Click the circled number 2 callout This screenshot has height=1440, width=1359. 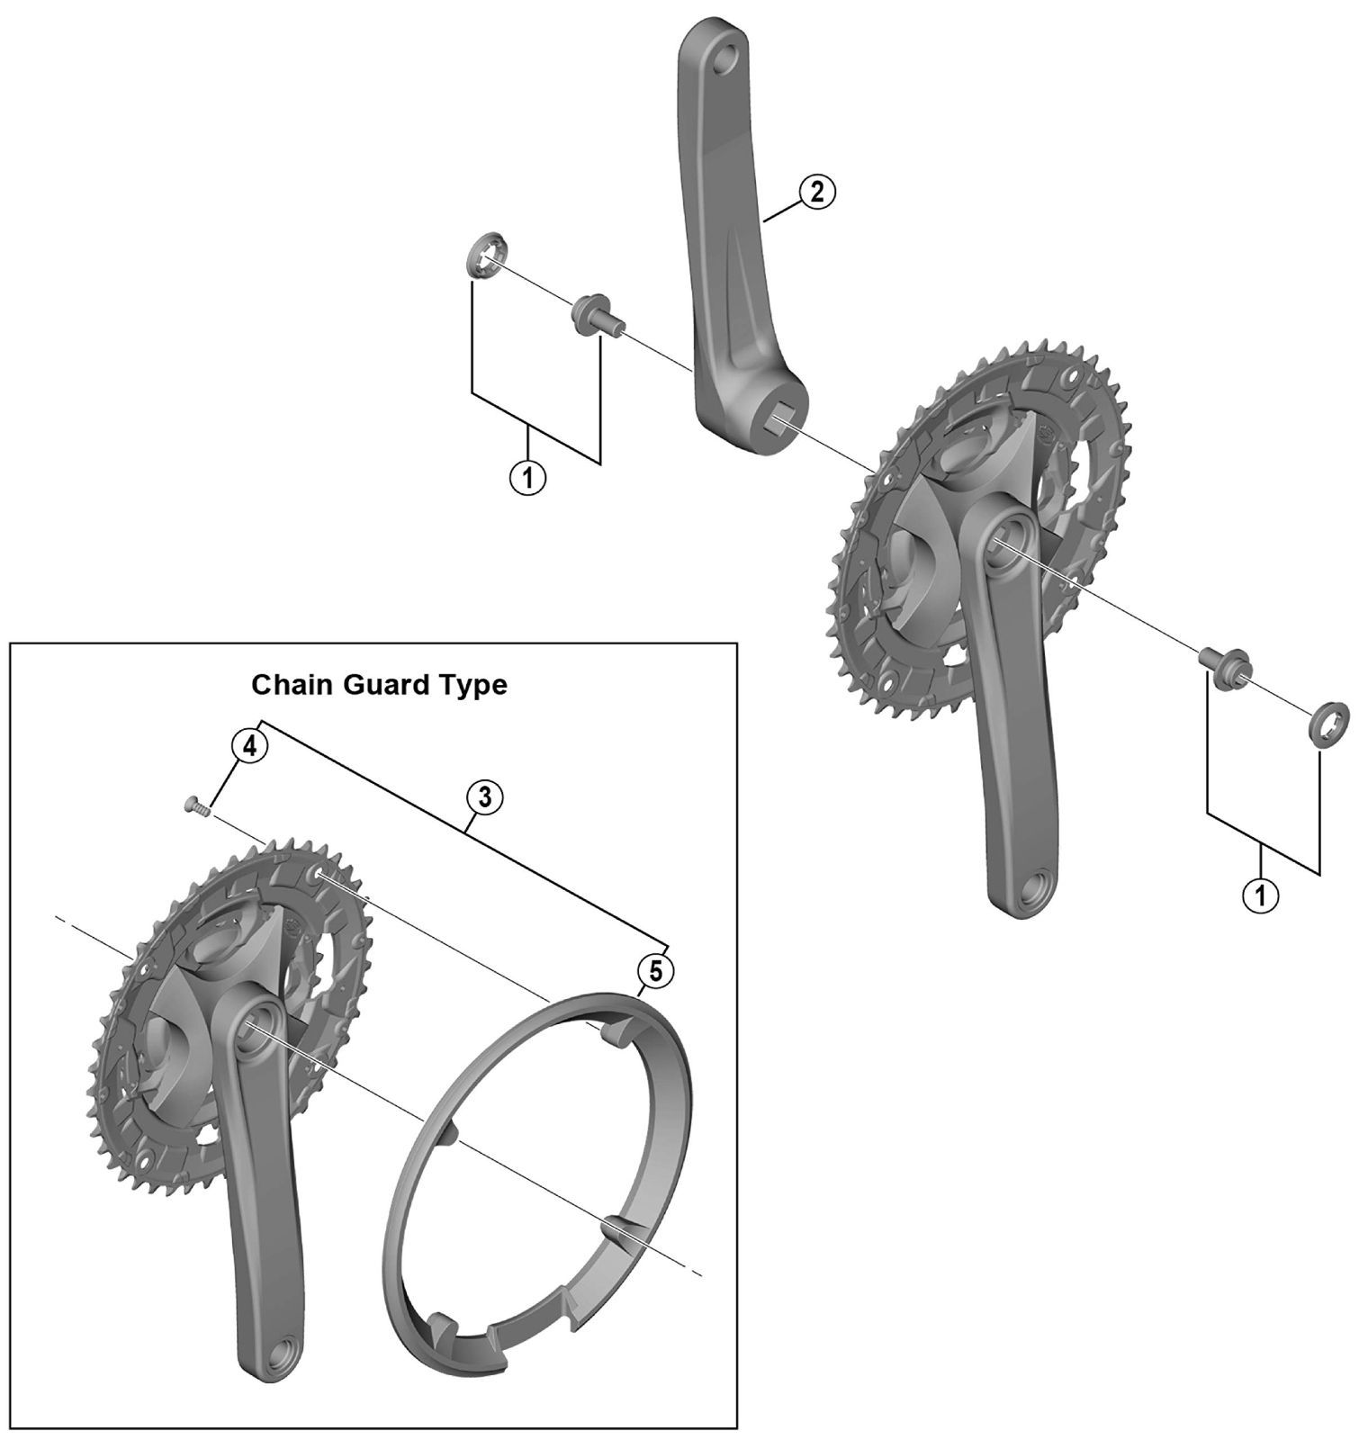(x=816, y=192)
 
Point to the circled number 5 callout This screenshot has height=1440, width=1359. (x=654, y=970)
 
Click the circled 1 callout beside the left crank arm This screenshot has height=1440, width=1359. (x=528, y=477)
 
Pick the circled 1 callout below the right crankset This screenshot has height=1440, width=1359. (x=1260, y=894)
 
